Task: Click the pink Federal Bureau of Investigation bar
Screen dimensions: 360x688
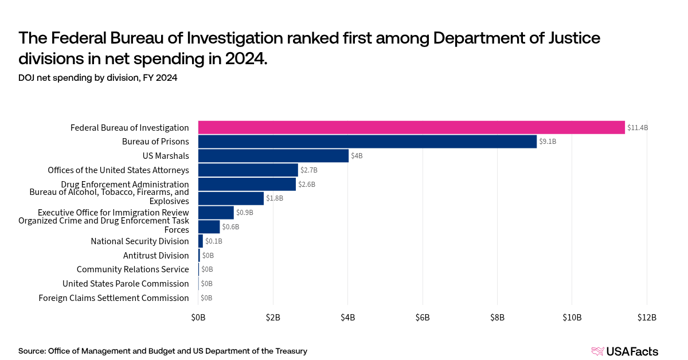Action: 411,127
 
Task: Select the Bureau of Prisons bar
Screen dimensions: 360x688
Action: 368,142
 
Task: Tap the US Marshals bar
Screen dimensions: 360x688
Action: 273,156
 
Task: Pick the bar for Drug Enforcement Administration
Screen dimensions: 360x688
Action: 247,184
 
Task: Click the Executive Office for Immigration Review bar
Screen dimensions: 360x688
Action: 216,213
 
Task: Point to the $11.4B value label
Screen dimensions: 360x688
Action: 638,128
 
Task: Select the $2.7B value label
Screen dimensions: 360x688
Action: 309,170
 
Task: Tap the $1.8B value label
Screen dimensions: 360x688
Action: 275,198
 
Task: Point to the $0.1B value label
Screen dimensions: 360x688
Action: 213,241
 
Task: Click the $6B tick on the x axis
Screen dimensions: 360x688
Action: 423,318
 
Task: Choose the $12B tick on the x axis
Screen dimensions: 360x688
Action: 646,318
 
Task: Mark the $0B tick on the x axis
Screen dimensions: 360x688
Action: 198,318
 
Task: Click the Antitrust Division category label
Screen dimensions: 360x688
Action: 156,256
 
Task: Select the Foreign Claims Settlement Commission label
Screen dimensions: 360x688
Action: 114,298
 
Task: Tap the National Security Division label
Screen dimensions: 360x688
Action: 140,241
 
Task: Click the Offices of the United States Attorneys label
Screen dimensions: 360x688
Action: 118,170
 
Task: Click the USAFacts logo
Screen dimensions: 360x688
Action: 624,351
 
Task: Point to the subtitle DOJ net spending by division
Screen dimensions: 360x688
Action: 97,79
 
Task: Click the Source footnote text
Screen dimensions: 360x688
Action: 163,351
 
